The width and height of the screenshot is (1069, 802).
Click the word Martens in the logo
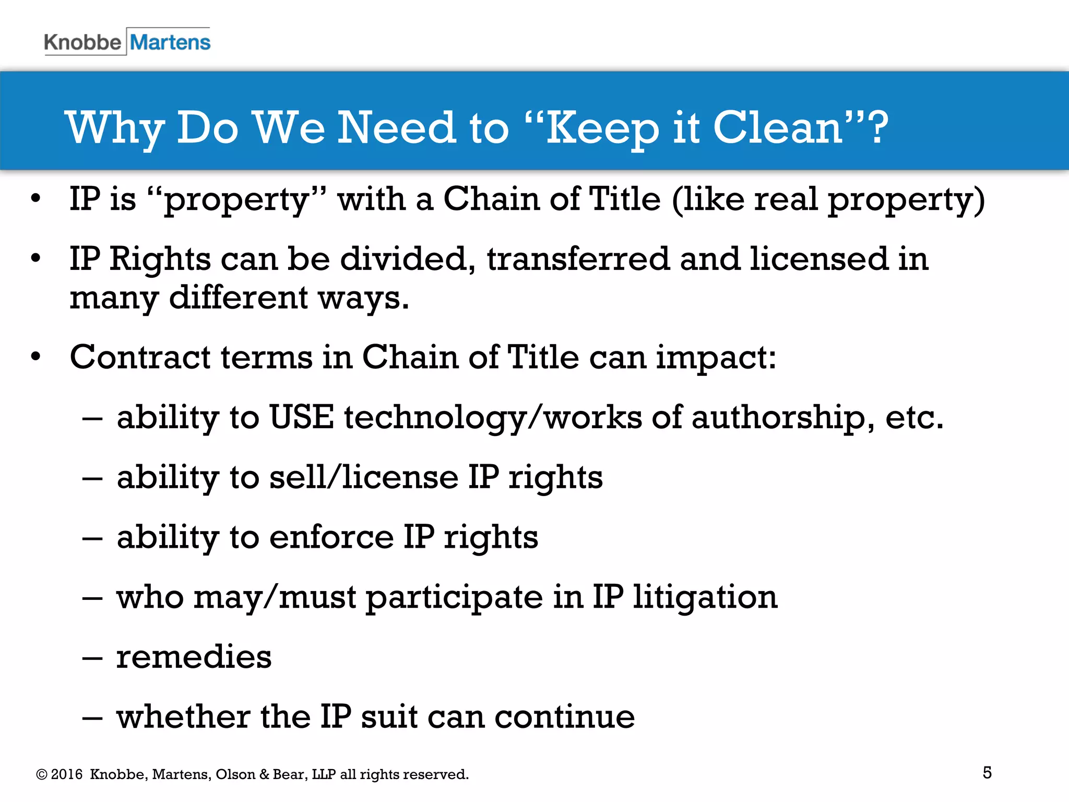pyautogui.click(x=170, y=42)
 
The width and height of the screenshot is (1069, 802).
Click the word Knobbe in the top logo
pyautogui.click(x=82, y=42)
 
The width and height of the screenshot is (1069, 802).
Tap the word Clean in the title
pyautogui.click(x=778, y=127)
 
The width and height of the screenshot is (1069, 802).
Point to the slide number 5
pyautogui.click(x=987, y=772)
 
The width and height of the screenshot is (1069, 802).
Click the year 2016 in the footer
pyautogui.click(x=67, y=774)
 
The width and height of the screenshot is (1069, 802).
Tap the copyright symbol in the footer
pyautogui.click(x=42, y=774)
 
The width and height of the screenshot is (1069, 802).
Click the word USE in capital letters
pyautogui.click(x=301, y=417)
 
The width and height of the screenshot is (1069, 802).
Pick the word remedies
pyautogui.click(x=194, y=657)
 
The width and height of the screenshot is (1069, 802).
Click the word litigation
pyautogui.click(x=705, y=597)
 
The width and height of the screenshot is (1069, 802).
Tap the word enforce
pyautogui.click(x=331, y=537)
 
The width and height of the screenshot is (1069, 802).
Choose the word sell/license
pyautogui.click(x=363, y=477)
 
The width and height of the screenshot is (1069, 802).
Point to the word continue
pyautogui.click(x=564, y=716)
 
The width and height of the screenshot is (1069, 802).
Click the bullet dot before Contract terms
pyautogui.click(x=35, y=357)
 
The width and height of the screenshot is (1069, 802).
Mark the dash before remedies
pyautogui.click(x=92, y=658)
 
